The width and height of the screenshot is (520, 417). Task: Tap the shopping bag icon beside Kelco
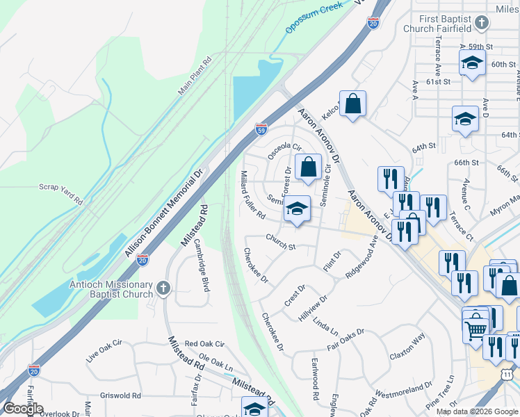(x=353, y=104)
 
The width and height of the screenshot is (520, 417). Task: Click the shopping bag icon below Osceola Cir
(x=308, y=167)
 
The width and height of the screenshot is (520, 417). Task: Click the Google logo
(x=23, y=408)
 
